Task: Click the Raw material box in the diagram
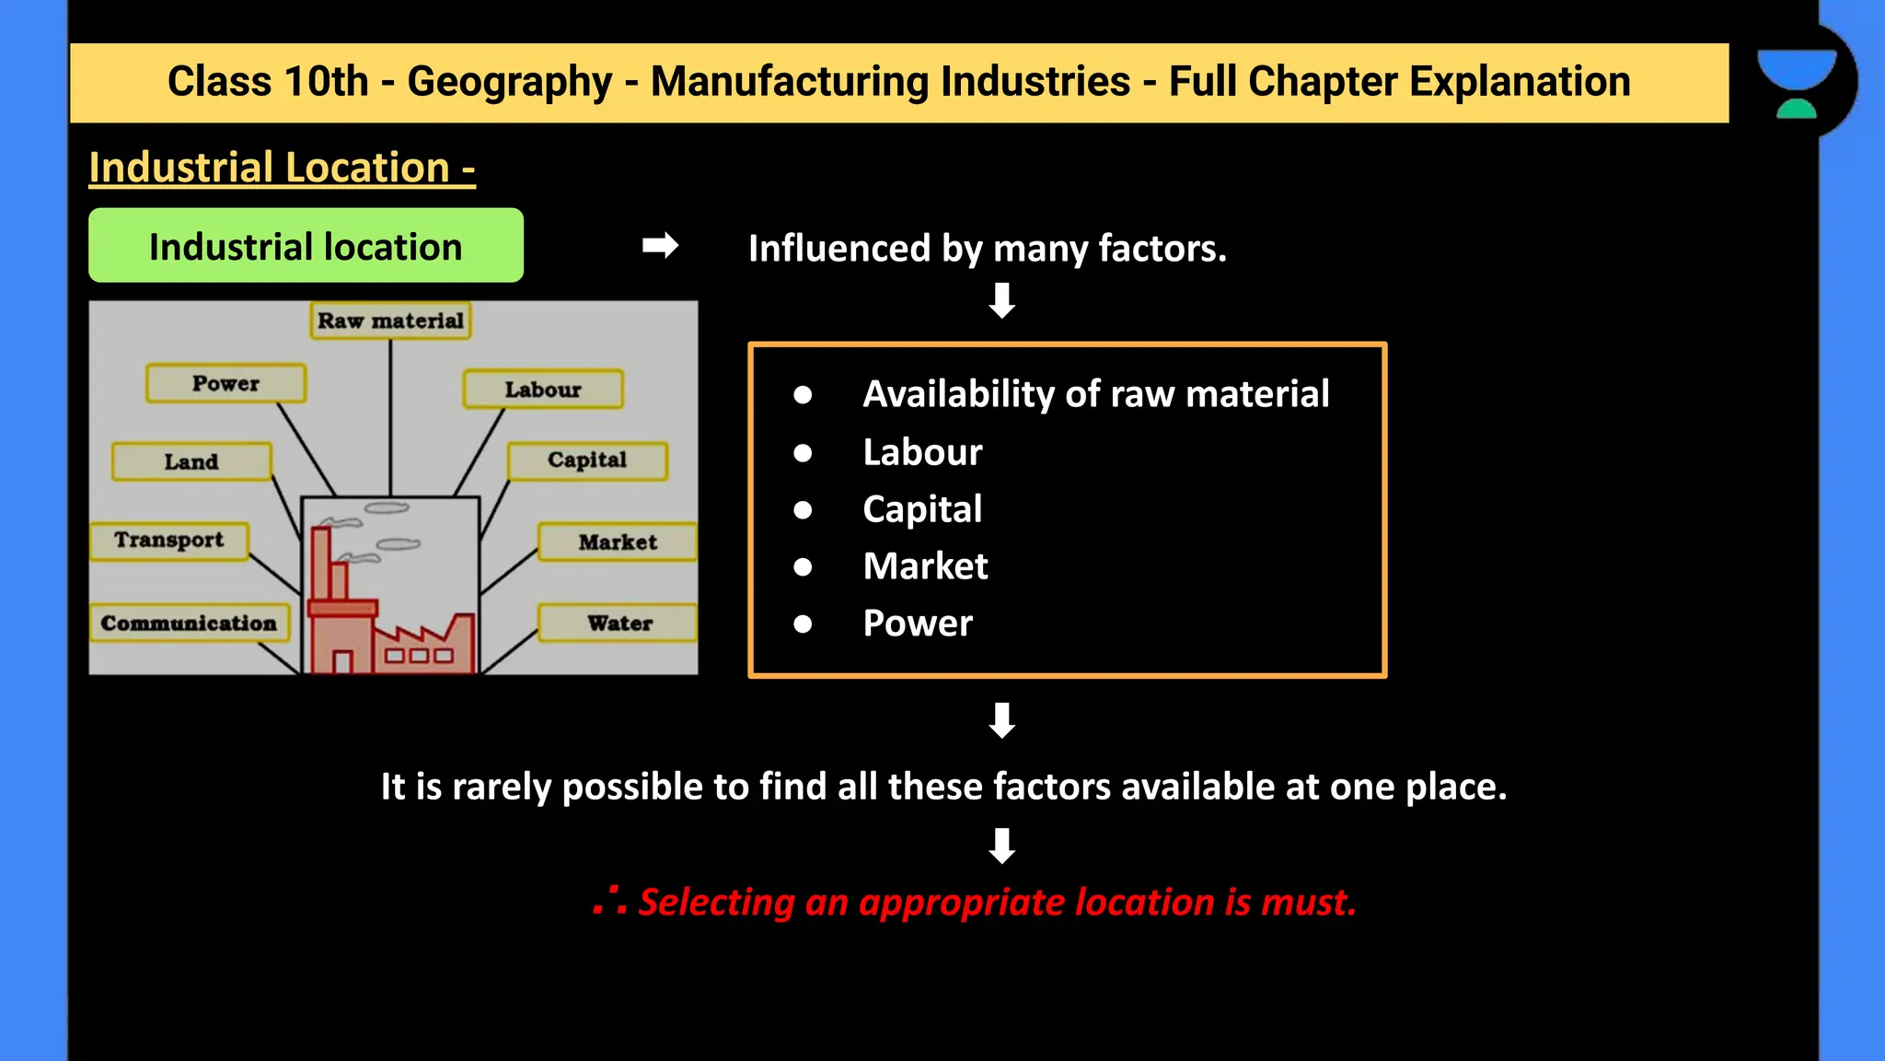(390, 321)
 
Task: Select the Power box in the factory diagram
(226, 383)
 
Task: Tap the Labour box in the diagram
(543, 390)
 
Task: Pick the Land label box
(191, 461)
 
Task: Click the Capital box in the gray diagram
(587, 461)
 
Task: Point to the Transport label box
(169, 541)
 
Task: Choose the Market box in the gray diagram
(618, 542)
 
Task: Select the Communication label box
(189, 624)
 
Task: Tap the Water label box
(619, 624)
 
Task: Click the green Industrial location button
(306, 246)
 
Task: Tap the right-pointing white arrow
(660, 246)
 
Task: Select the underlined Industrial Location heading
(282, 168)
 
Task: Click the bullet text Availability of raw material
(1095, 394)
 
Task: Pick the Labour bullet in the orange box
(922, 452)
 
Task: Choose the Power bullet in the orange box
(918, 624)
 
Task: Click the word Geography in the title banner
(509, 82)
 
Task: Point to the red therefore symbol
(610, 901)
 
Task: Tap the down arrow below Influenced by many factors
(1001, 301)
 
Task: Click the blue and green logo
(1796, 83)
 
